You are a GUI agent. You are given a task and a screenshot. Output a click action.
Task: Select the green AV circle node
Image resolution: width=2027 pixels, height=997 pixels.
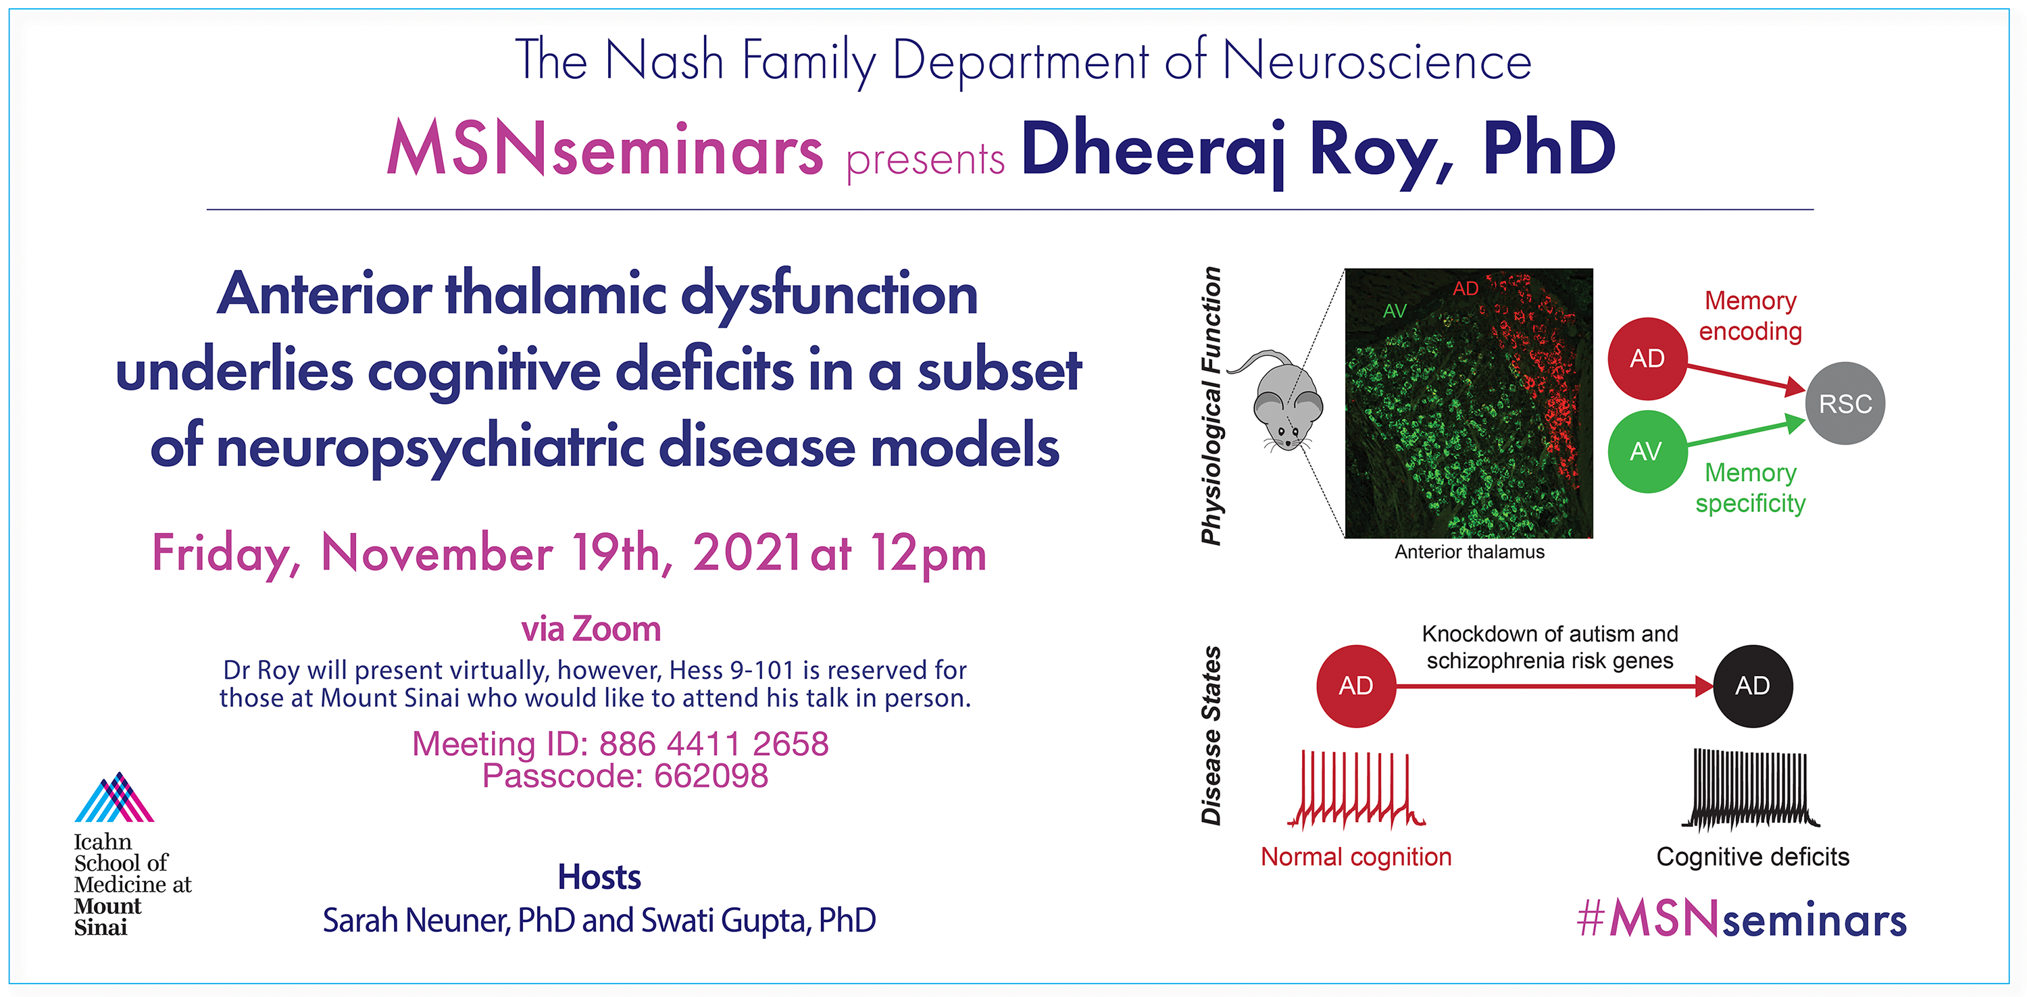pyautogui.click(x=1647, y=451)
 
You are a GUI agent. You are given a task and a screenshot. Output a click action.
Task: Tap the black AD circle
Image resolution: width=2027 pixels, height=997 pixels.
pyautogui.click(x=1753, y=686)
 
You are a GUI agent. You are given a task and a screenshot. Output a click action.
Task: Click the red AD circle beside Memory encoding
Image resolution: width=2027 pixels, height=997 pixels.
pyautogui.click(x=1647, y=358)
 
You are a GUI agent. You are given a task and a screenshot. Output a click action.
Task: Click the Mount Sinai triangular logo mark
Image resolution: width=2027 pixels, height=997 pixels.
pyautogui.click(x=115, y=796)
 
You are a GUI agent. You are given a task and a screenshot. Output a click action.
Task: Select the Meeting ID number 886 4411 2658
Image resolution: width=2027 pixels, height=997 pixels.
pyautogui.click(x=714, y=744)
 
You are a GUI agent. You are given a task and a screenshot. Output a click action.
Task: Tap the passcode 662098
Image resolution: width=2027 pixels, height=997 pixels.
pyautogui.click(x=711, y=776)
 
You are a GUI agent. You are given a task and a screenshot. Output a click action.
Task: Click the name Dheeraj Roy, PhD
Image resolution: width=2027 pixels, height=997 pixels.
pyautogui.click(x=1319, y=151)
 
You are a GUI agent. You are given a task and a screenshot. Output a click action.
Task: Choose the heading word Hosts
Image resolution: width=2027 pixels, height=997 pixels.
pyautogui.click(x=599, y=877)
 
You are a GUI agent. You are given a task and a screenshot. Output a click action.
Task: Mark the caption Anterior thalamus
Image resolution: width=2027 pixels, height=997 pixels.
pyautogui.click(x=1469, y=552)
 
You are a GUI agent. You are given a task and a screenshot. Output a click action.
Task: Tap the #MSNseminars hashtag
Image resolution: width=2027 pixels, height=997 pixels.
pyautogui.click(x=1741, y=919)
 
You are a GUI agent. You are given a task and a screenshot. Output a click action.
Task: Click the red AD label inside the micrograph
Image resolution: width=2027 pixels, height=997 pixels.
pyautogui.click(x=1465, y=288)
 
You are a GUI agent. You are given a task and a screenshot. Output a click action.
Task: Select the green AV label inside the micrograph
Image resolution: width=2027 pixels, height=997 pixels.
pyautogui.click(x=1395, y=311)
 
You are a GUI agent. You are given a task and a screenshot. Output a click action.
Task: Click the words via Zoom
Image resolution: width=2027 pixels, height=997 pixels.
pyautogui.click(x=591, y=630)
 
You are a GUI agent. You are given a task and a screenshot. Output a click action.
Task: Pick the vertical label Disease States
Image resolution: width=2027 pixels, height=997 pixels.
pyautogui.click(x=1211, y=735)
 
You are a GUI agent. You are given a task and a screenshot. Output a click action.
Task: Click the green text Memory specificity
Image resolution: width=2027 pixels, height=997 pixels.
pyautogui.click(x=1750, y=488)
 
